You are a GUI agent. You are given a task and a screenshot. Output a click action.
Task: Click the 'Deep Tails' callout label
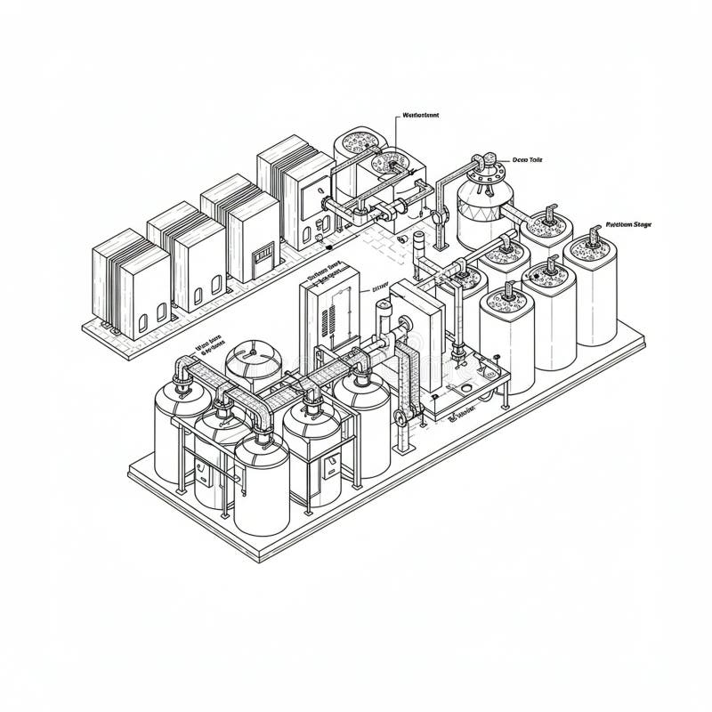[528, 160]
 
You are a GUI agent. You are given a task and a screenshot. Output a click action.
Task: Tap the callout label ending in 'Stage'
[628, 225]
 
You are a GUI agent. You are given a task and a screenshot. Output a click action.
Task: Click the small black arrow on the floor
[328, 247]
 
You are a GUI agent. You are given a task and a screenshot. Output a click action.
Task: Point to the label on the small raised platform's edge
[462, 413]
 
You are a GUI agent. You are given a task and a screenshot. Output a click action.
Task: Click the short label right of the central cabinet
[380, 287]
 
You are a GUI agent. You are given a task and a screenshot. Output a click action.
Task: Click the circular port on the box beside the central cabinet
[412, 344]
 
